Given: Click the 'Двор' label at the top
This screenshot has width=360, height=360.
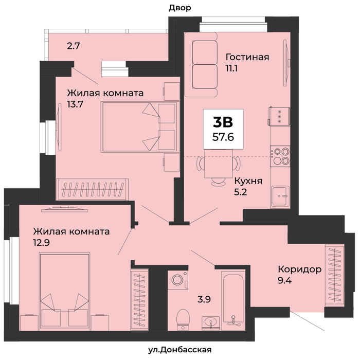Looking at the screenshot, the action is point(180,8).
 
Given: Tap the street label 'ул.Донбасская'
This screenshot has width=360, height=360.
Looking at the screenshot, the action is point(179,350).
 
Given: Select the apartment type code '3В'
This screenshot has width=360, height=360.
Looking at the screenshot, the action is point(223,122).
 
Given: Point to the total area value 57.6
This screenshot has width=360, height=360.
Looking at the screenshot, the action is point(223,137).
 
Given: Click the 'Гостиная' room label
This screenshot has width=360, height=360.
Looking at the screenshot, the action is point(247,57).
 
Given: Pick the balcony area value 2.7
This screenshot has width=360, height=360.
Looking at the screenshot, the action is point(74,46).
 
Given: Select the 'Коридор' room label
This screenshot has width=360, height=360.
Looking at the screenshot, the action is point(300,269).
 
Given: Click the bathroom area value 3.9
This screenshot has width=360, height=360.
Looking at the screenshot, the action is point(204,299).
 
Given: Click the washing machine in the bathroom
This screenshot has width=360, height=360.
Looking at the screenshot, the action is point(178,280).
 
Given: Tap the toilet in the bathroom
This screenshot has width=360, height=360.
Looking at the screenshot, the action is point(183,319).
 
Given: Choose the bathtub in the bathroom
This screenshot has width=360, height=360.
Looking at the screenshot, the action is point(233,300).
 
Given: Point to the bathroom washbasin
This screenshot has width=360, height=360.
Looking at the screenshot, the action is point(210,323).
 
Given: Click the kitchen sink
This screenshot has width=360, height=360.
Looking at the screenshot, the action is point(280,197).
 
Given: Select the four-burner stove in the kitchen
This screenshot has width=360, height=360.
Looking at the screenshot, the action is point(280,156).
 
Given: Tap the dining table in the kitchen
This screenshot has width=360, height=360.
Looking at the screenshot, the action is point(218,164).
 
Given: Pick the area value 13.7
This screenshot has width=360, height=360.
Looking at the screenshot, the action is point(75,104).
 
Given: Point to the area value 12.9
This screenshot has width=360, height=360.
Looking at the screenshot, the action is point(42,243).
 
